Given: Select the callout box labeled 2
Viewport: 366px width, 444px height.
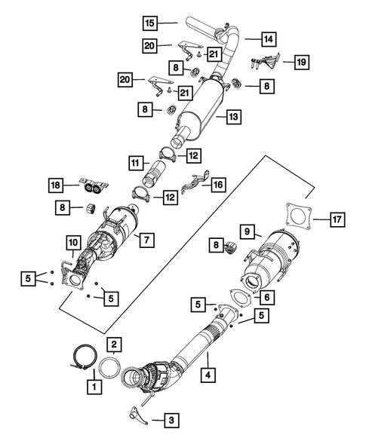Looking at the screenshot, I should pyautogui.click(x=113, y=344).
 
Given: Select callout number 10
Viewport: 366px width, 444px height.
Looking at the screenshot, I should pyautogui.click(x=72, y=242).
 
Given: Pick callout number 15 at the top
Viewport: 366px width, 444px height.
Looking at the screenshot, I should pyautogui.click(x=151, y=23).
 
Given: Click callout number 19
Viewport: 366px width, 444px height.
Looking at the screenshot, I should pyautogui.click(x=301, y=62).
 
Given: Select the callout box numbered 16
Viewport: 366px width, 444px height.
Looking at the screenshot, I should pyautogui.click(x=217, y=183).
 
